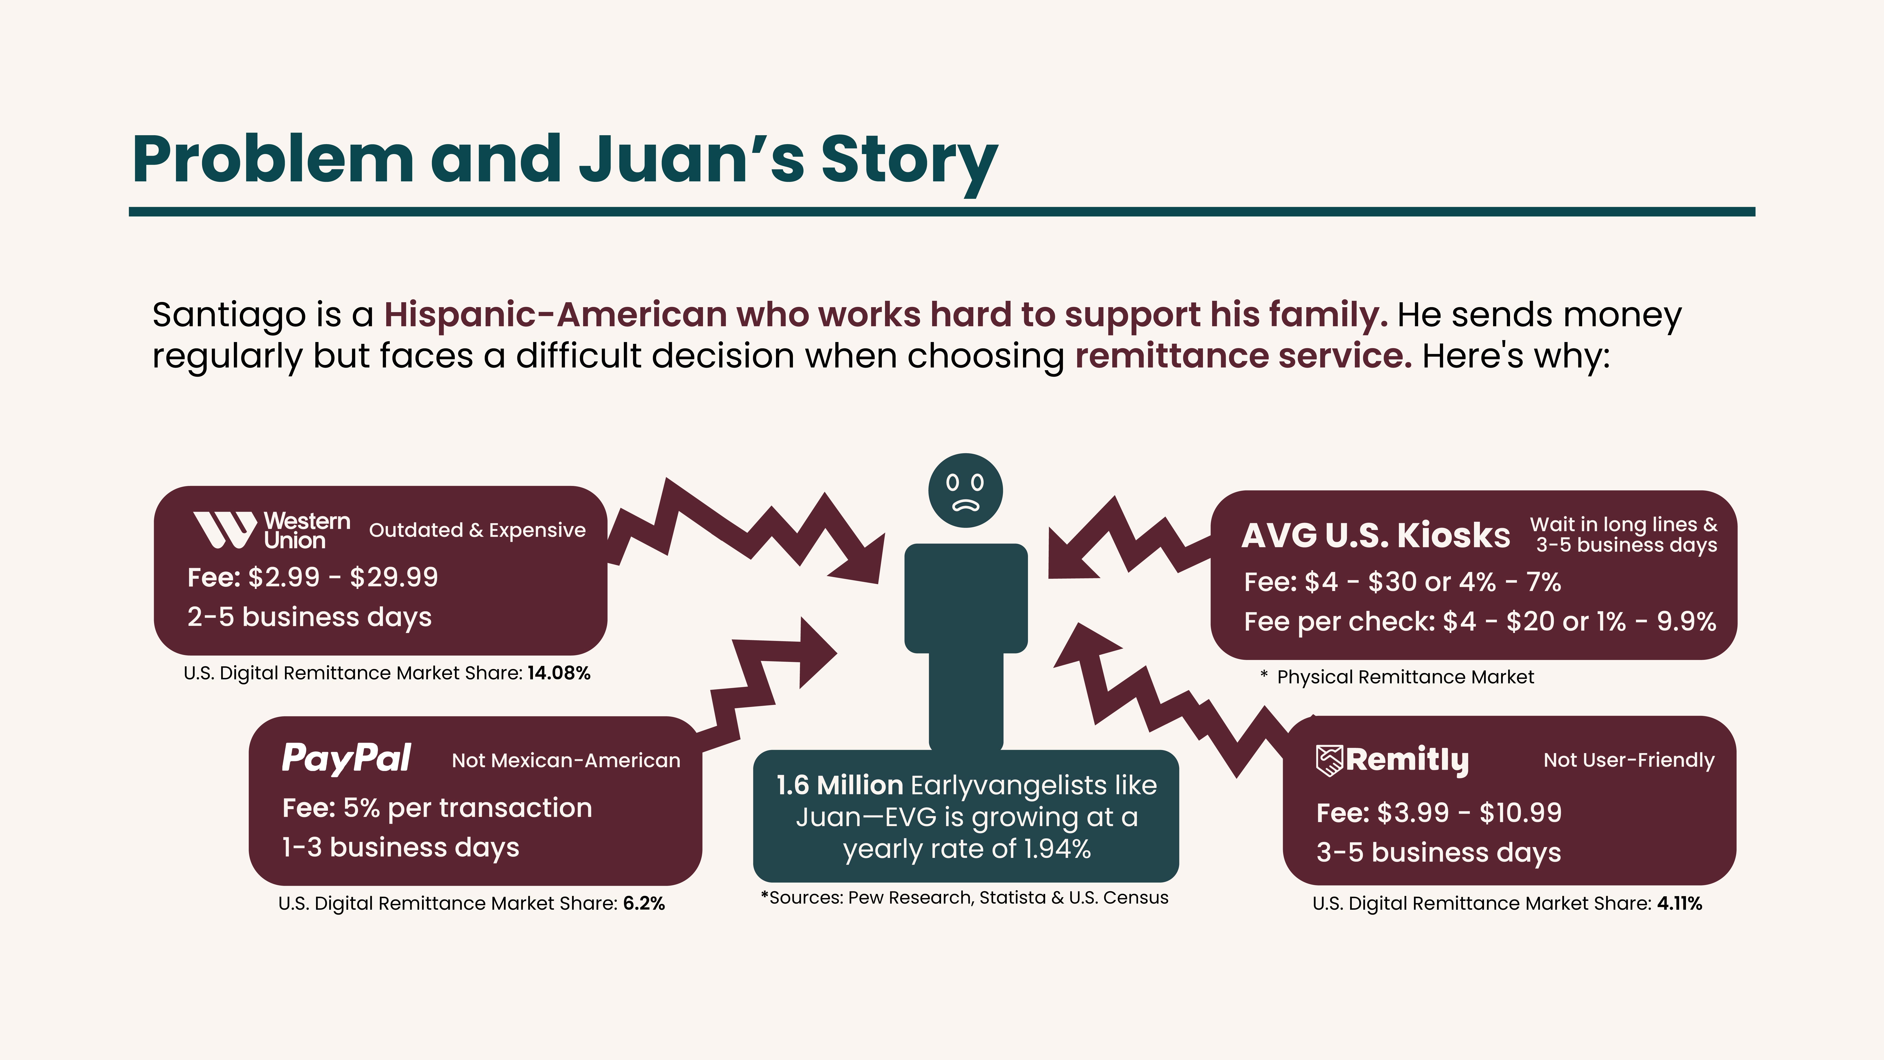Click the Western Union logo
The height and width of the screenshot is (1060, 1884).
(271, 530)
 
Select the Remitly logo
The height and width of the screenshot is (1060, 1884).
(1392, 760)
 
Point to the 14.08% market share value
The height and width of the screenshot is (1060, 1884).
(559, 673)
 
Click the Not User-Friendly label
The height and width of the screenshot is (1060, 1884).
(1629, 760)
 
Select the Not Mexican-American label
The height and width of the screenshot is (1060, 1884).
(565, 761)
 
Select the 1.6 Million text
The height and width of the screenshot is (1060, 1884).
(839, 785)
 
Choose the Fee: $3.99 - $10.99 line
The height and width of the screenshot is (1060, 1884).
(1439, 813)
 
